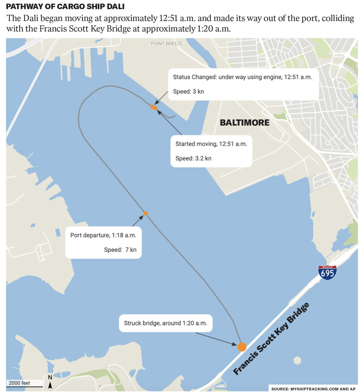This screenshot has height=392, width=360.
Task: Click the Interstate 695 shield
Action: coord(327,273)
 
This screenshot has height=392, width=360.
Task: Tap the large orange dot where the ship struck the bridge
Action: coord(242,347)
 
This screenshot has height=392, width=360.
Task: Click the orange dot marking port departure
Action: coord(145,213)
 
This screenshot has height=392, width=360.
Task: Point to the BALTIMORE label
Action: coord(244,122)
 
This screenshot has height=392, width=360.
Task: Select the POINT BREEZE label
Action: coord(167,44)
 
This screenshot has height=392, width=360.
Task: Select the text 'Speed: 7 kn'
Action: coord(120,250)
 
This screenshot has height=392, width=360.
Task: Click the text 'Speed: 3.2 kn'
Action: coord(193,158)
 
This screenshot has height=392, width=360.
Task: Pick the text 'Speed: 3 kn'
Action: coord(188,91)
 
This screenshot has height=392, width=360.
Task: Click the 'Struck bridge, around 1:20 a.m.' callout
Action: coord(165,323)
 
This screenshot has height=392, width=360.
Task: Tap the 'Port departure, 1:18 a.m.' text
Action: coord(103,235)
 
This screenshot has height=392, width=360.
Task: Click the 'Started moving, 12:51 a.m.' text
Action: coord(211,144)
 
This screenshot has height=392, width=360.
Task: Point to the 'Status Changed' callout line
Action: coord(242,77)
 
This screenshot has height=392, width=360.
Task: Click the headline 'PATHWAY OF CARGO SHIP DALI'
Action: coord(65,6)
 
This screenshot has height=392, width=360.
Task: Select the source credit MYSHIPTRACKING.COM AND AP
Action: coord(313,389)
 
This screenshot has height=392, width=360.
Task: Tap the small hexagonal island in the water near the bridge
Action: coord(297,360)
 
